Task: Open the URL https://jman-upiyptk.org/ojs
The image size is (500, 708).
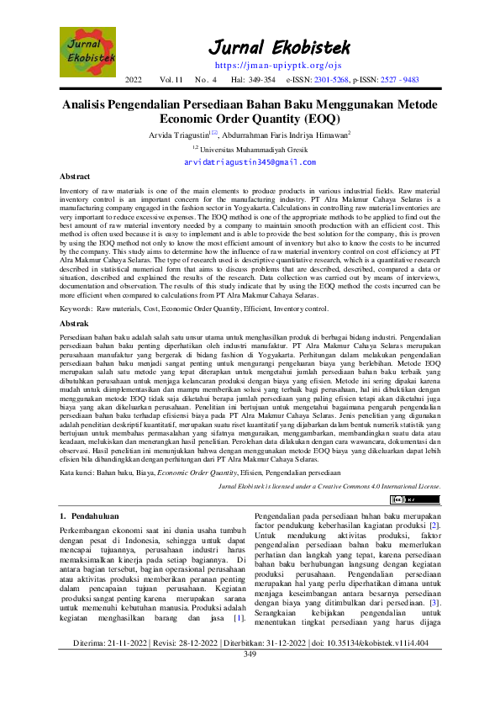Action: [266, 64]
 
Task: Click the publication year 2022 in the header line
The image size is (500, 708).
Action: [134, 80]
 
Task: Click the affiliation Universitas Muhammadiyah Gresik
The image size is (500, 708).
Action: [253, 148]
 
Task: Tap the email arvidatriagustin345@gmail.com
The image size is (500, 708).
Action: [250, 161]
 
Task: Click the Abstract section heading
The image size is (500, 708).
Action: [75, 177]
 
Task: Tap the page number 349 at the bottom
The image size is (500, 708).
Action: [250, 678]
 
